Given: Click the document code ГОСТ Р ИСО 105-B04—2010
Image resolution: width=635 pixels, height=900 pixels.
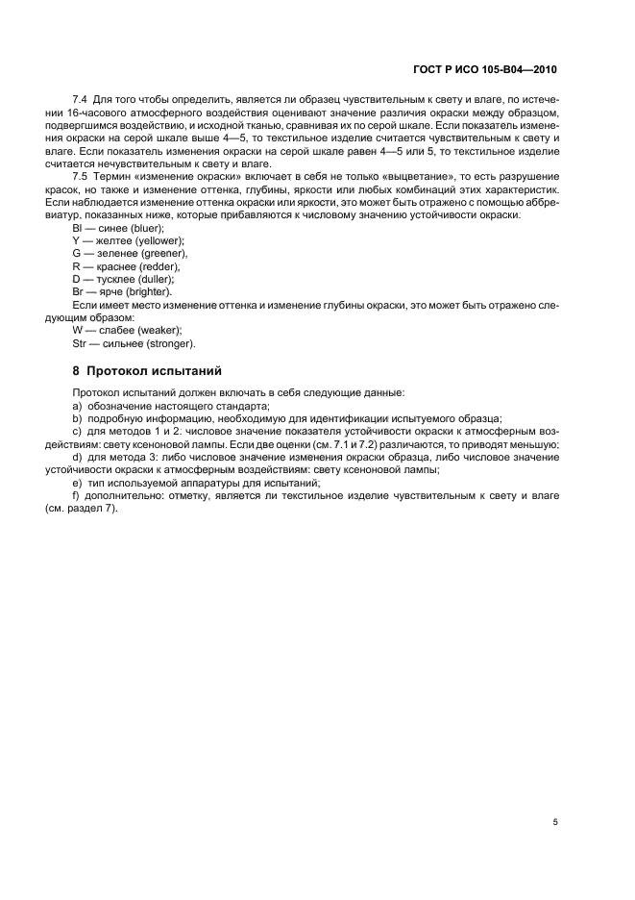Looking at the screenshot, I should tap(485, 70).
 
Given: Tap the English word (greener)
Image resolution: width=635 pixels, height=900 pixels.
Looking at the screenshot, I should tap(159, 253).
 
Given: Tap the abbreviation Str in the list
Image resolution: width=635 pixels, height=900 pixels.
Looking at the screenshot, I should tap(80, 343).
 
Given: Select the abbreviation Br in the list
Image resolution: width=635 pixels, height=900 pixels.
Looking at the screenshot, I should tap(78, 291).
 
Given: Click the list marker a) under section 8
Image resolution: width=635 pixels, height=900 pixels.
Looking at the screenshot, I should tap(77, 407).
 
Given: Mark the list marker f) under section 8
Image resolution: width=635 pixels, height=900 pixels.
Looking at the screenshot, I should tap(76, 496).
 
